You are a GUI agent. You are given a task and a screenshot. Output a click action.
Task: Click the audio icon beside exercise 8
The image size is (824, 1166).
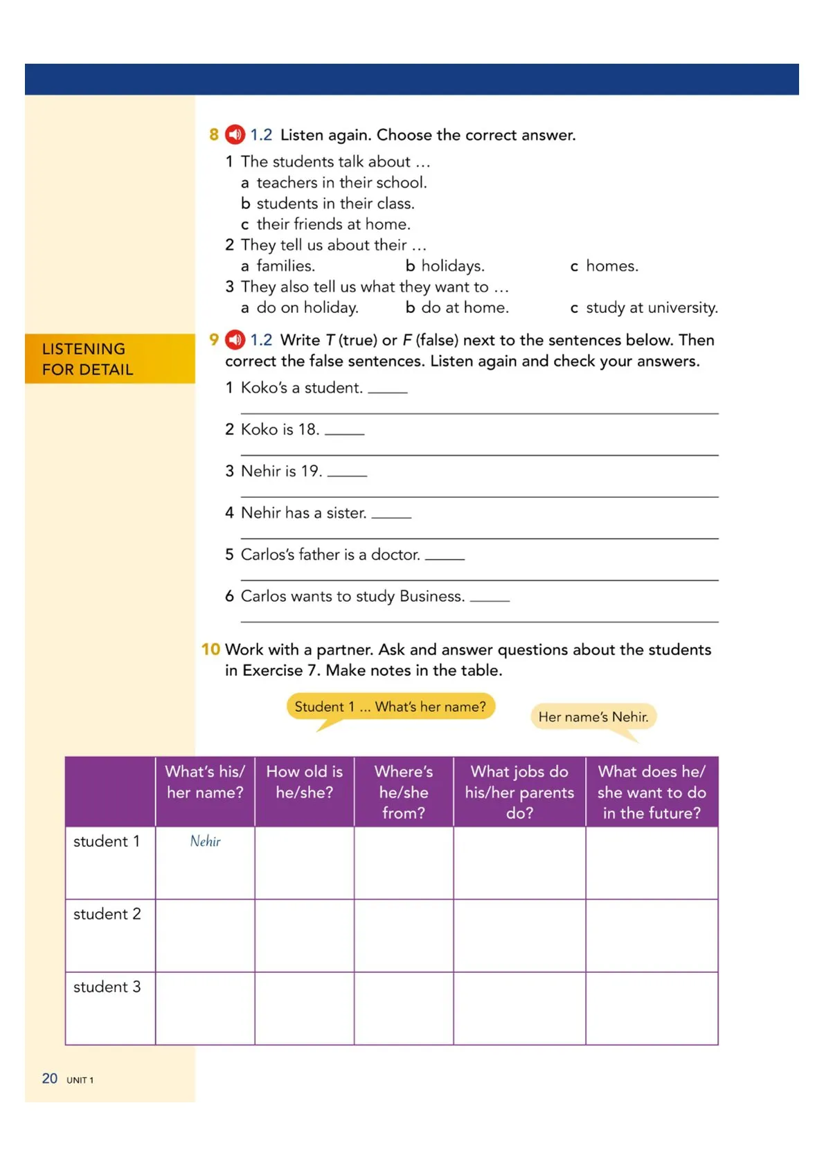[x=235, y=134]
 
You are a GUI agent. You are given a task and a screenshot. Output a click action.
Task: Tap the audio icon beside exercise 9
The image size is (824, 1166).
[x=235, y=340]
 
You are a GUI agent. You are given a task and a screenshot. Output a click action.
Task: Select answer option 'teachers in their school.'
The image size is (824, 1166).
[x=341, y=183]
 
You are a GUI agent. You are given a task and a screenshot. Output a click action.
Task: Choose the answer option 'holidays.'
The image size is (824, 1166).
[x=452, y=266]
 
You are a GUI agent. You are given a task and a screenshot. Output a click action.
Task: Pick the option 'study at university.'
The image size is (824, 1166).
[x=651, y=307]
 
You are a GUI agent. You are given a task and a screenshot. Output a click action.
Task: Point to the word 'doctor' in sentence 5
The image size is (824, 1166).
[x=395, y=555]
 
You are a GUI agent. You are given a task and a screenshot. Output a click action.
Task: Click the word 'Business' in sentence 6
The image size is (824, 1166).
[x=431, y=596]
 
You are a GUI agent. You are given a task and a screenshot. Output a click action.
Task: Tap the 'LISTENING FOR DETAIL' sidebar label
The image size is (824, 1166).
[x=88, y=359]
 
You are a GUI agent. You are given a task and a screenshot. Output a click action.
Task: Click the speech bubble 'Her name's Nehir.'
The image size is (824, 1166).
[x=593, y=717]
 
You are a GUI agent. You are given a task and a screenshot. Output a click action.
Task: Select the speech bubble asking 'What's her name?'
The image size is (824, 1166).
[x=391, y=707]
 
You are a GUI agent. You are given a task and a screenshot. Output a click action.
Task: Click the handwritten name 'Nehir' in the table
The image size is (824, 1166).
[x=206, y=841]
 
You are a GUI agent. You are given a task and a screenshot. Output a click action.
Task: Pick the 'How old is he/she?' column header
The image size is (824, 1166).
[x=305, y=782]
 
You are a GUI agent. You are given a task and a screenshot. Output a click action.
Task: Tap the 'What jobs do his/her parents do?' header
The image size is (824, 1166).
[x=519, y=792]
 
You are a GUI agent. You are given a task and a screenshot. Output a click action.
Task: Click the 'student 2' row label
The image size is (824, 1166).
[x=107, y=914]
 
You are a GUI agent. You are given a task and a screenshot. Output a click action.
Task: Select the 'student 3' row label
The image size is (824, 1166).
[x=107, y=987]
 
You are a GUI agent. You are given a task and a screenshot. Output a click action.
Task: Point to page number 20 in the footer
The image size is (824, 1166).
[x=50, y=1078]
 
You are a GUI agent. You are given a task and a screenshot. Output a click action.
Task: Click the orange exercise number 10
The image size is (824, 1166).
[x=211, y=649]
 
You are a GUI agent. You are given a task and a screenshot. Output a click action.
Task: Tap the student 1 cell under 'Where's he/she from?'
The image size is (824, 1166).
[x=404, y=863]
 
